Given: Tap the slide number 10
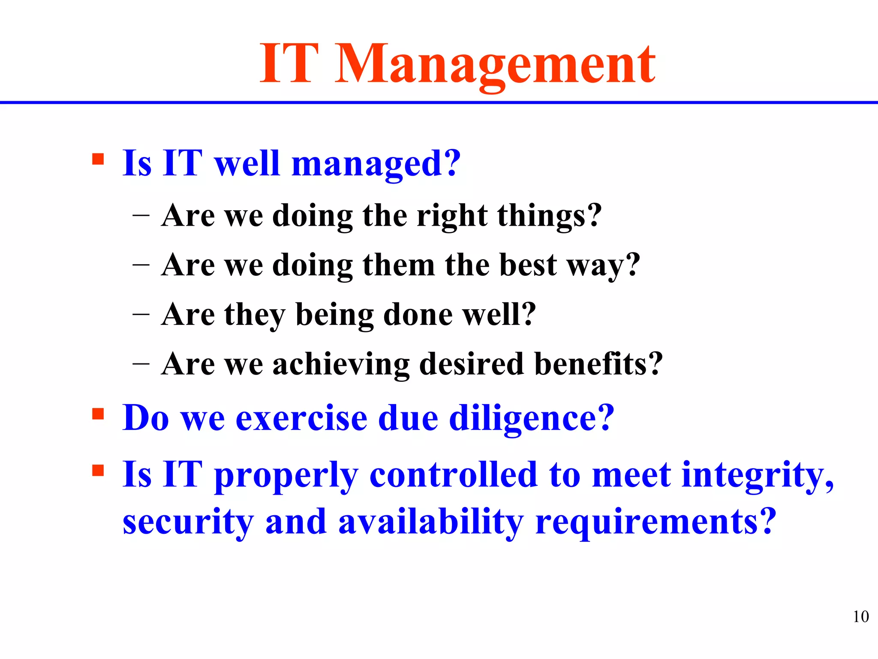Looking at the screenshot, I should point(860,617).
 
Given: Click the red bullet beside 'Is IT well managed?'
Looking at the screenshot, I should point(98,160).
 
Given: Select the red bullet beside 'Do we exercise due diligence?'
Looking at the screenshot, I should point(98,414).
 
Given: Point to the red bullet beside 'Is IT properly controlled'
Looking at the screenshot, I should point(98,471).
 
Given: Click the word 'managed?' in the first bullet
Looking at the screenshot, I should point(376,164).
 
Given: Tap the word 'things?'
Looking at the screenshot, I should point(550,216).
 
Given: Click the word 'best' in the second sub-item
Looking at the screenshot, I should point(528,265).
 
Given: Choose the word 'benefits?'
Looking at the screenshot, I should point(598,364).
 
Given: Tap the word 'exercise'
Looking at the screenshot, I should point(301,418).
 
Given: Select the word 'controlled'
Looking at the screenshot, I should point(453,475).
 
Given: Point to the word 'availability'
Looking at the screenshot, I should point(430,523).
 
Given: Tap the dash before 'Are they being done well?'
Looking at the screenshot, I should point(141,314).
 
